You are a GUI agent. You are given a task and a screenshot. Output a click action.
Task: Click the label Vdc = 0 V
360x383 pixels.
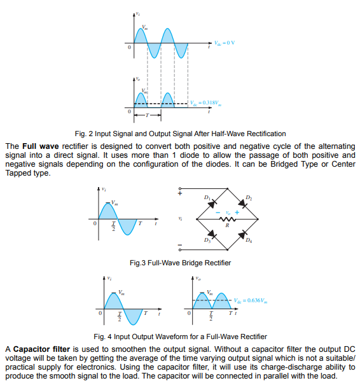click(224, 43)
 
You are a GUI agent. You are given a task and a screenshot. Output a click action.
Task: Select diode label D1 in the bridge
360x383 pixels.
click(207, 199)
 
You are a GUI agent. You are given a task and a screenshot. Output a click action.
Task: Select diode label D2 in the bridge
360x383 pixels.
click(248, 198)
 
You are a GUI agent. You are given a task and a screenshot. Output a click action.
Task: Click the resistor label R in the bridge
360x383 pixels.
click(227, 226)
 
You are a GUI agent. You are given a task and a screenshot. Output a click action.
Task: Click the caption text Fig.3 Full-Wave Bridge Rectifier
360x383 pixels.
click(180, 263)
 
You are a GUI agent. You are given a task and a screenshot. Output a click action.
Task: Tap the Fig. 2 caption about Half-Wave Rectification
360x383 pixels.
click(180, 134)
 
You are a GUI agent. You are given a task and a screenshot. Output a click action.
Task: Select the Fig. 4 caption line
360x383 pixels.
click(180, 337)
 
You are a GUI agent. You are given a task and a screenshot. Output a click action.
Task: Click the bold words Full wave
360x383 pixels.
click(40, 146)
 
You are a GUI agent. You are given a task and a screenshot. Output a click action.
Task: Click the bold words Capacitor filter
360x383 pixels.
click(42, 349)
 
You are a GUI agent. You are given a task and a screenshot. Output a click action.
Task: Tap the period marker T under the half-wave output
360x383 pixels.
click(147, 116)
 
